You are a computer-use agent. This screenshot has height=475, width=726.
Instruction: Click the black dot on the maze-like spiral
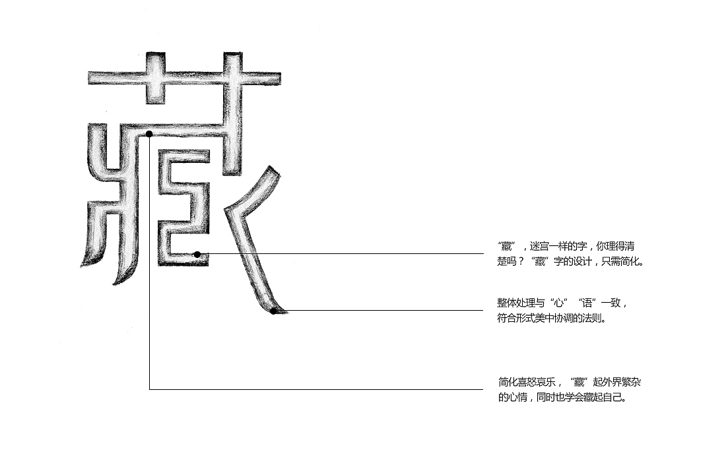click(197, 254)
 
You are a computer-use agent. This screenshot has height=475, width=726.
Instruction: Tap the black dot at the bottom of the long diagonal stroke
click(274, 311)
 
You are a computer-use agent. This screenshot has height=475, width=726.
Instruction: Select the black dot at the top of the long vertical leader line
click(149, 135)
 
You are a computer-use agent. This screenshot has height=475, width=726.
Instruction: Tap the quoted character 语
click(587, 303)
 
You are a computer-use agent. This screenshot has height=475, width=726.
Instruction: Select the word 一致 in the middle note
click(611, 303)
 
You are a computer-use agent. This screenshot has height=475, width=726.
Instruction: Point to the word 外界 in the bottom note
click(611, 383)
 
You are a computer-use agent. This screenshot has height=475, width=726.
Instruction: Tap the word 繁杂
click(630, 383)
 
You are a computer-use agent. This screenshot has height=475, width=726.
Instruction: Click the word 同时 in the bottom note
click(546, 398)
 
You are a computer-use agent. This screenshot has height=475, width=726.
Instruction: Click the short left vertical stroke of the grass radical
click(155, 77)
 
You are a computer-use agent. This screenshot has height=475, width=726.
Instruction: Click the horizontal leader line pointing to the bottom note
click(316, 389)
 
